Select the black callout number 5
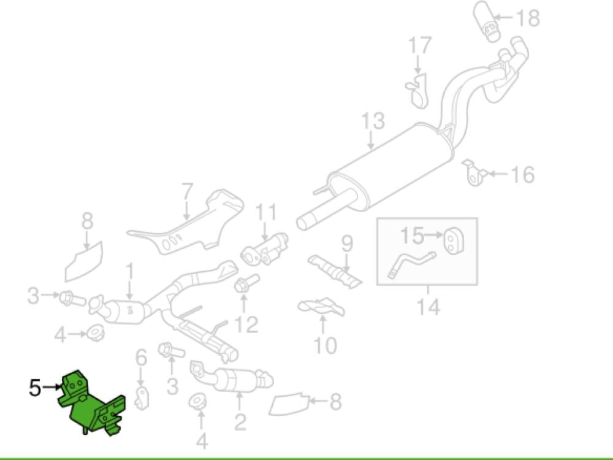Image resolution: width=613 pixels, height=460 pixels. (36, 387)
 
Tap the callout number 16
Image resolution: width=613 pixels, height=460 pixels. (522, 175)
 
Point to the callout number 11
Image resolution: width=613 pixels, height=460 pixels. (266, 213)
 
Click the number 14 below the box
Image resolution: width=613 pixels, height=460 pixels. (427, 306)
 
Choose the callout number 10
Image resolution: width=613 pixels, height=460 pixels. (325, 345)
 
